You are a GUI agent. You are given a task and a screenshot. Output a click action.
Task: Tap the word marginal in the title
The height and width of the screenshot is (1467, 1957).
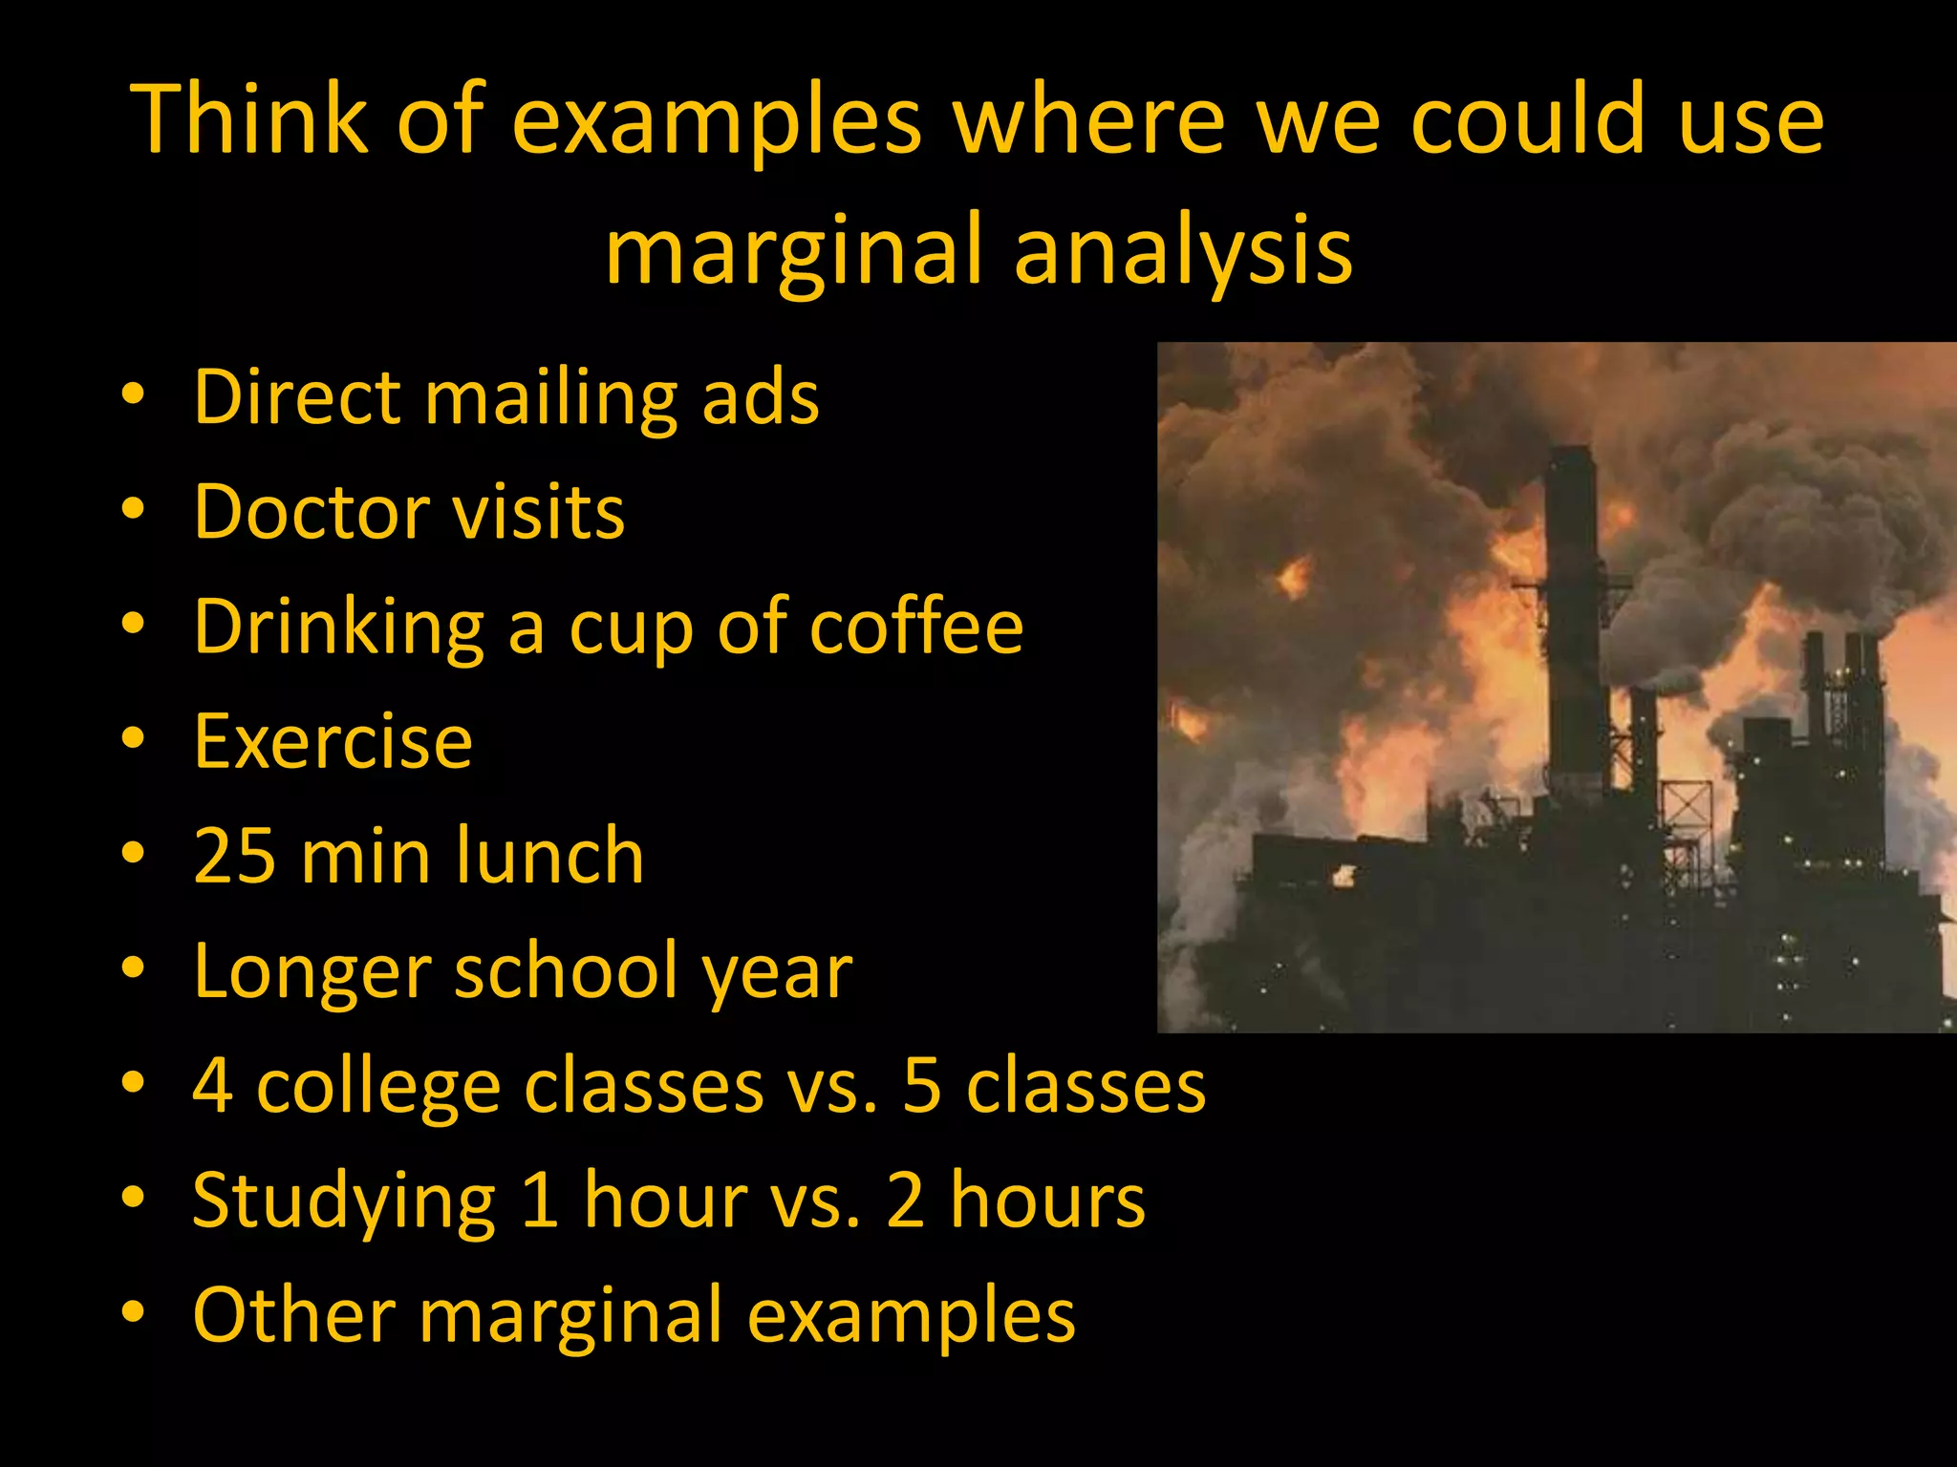(x=794, y=250)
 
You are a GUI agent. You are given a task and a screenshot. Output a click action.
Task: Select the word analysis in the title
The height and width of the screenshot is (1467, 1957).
(x=1183, y=250)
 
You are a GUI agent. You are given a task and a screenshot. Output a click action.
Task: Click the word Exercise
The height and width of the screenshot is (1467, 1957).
(x=333, y=741)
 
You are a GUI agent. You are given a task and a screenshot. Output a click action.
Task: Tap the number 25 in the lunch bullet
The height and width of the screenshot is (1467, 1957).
(x=234, y=856)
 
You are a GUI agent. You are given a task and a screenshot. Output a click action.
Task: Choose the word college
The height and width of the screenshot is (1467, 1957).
(x=378, y=1087)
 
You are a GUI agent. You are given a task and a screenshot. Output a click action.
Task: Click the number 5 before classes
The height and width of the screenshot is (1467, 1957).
(x=922, y=1086)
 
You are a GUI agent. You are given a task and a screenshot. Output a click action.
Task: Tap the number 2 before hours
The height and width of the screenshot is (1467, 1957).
(x=905, y=1200)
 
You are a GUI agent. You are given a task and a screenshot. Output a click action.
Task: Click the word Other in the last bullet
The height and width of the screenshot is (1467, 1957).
(x=293, y=1314)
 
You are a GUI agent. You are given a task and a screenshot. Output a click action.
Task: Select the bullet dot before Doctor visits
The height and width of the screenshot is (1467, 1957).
(x=133, y=509)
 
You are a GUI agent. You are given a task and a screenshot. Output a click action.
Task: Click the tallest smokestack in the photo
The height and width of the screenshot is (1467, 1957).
(x=1573, y=611)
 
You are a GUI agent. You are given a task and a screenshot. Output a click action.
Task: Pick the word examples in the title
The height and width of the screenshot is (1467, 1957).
(x=717, y=120)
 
